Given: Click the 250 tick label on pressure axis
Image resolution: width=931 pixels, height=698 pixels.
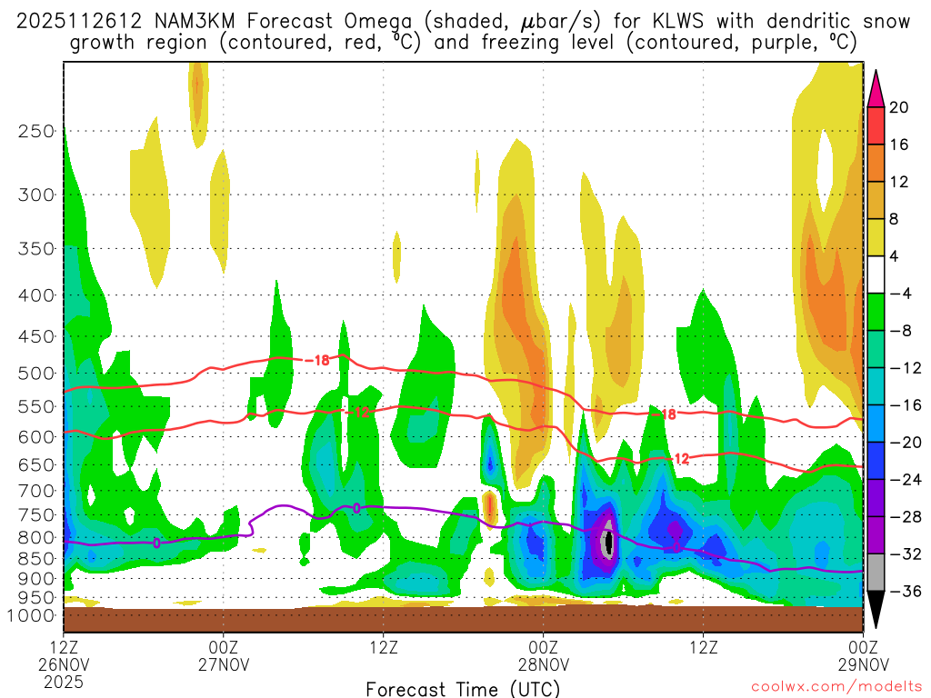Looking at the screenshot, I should [35, 131].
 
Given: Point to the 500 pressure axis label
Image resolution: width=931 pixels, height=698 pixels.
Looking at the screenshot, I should [35, 374].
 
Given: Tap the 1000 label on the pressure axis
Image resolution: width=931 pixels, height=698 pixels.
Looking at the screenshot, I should [33, 615].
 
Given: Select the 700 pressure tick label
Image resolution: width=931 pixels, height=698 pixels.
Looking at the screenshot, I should [35, 491].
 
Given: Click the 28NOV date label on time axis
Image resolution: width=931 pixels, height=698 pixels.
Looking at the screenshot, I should [544, 663].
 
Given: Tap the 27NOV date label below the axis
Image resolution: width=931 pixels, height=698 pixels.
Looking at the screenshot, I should [224, 663].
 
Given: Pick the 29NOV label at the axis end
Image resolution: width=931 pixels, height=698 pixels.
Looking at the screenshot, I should [862, 663].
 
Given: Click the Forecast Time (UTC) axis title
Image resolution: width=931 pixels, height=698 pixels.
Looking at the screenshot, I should [463, 688].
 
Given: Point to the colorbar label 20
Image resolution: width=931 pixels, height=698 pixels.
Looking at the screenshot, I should [899, 107].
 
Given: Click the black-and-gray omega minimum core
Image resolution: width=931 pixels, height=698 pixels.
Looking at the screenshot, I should [608, 543].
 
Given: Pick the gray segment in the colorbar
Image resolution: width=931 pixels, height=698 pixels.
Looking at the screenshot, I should [876, 573].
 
